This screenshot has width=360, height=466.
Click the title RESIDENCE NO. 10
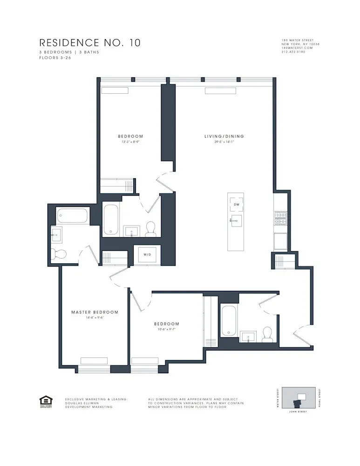point(90,43)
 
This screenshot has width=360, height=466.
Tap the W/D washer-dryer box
point(147,255)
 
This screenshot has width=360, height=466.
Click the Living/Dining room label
point(224,137)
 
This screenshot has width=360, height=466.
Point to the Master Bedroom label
point(95,312)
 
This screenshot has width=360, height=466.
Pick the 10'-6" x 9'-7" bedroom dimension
point(167,329)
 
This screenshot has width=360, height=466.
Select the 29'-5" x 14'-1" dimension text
point(224,142)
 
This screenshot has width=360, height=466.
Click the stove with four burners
point(280,218)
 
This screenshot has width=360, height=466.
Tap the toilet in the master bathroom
point(59,254)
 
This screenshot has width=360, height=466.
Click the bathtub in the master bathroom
point(73,216)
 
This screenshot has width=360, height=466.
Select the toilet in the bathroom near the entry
point(267,333)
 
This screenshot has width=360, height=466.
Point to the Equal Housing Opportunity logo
point(46,401)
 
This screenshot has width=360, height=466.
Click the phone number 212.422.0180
point(293,52)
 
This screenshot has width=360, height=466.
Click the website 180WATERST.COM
point(297,48)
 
